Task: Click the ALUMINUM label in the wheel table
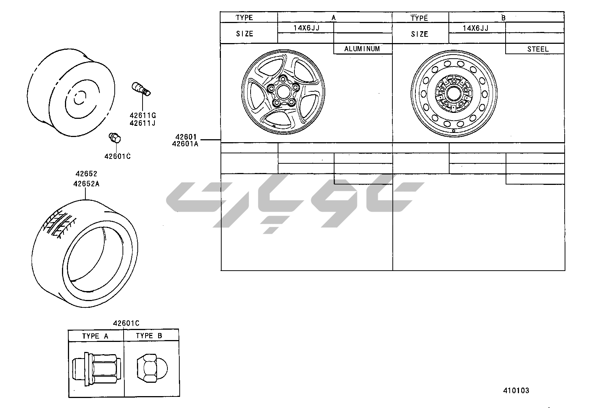pyautogui.click(x=362, y=49)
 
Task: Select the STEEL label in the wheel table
pyautogui.click(x=538, y=49)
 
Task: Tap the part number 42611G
pyautogui.click(x=143, y=115)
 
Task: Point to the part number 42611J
pyautogui.click(x=143, y=123)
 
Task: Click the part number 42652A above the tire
pyautogui.click(x=86, y=184)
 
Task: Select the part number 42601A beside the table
pyautogui.click(x=185, y=144)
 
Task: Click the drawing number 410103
pyautogui.click(x=516, y=391)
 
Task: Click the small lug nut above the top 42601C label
pyautogui.click(x=115, y=137)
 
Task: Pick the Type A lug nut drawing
pyautogui.click(x=96, y=369)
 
